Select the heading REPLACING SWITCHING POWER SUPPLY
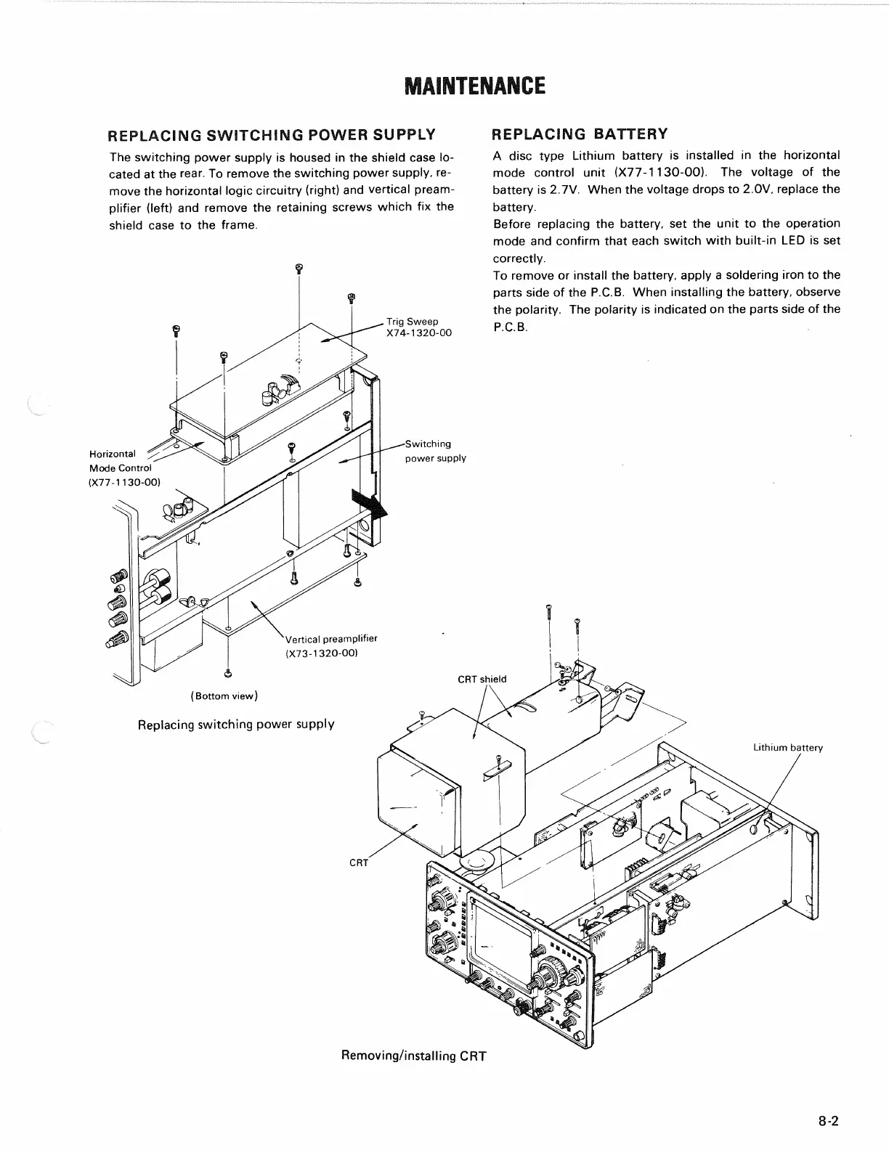point(272,135)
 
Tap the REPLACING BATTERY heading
point(580,134)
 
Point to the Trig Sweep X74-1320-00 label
point(418,327)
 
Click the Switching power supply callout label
point(435,451)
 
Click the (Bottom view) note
point(224,696)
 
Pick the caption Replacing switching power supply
point(236,725)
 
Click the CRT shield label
point(482,680)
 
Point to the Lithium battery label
point(787,748)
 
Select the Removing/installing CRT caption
point(413,1056)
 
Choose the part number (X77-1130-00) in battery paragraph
point(661,173)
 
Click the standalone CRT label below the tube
point(359,863)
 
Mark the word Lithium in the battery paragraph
point(593,155)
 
